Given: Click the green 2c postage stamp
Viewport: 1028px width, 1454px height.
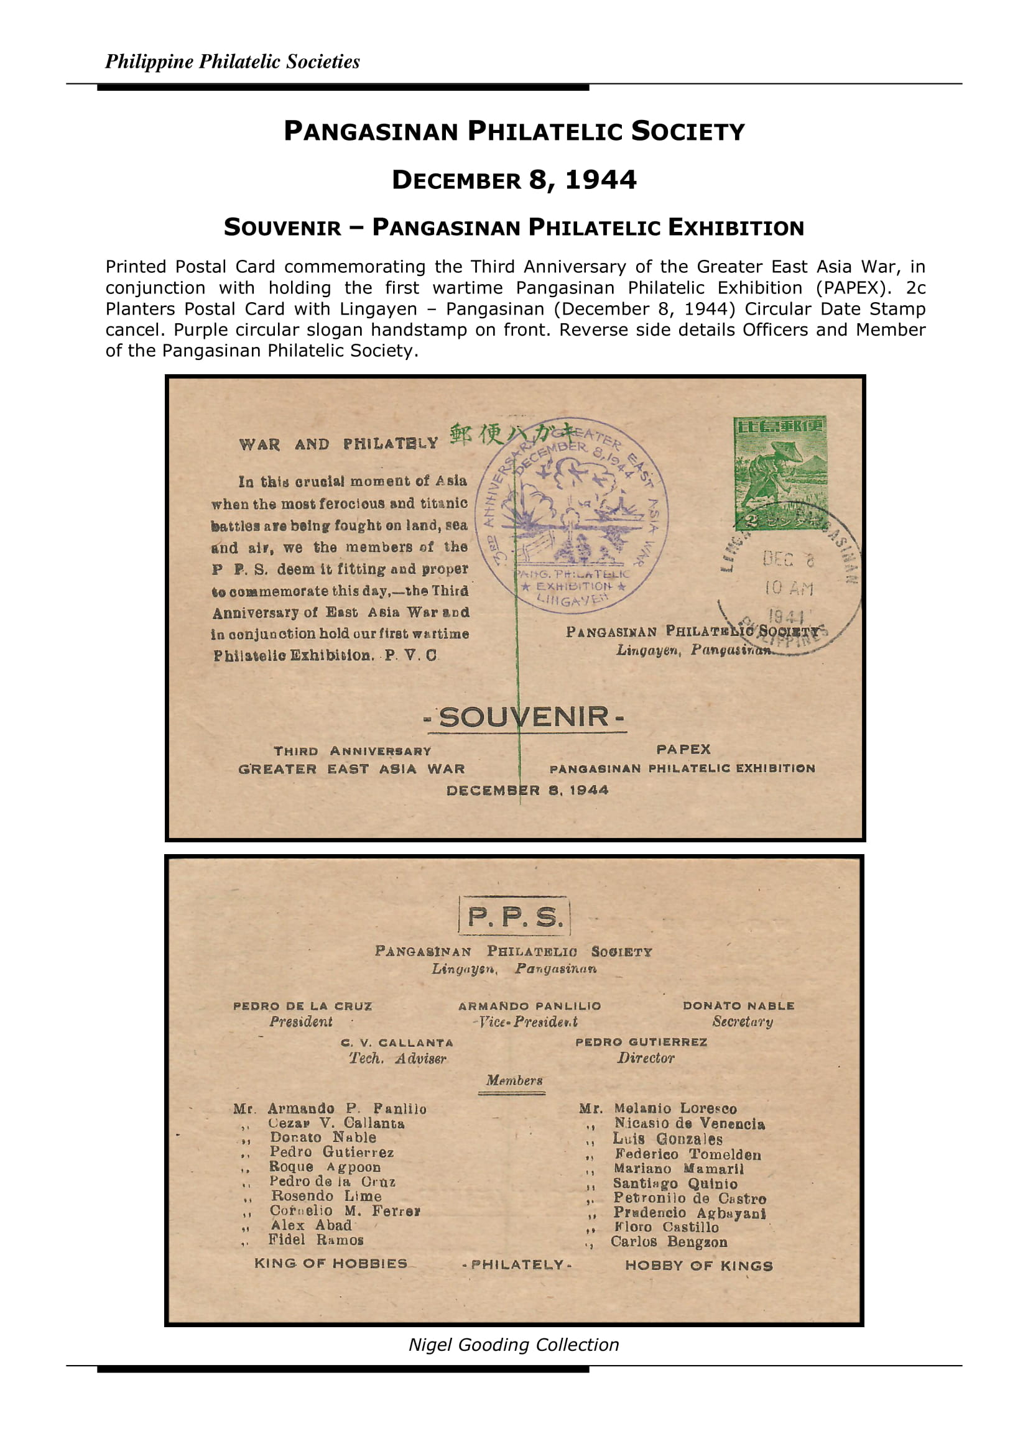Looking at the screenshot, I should click(780, 472).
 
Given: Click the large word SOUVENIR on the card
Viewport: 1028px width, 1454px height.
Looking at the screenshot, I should click(524, 717).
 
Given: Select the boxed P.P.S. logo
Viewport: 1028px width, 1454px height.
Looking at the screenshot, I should click(514, 917).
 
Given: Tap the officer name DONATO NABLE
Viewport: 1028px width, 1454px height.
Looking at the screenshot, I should click(738, 1006).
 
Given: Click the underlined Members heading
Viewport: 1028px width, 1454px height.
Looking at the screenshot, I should click(514, 1080).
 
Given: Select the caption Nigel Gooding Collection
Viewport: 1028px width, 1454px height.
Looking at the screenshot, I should click(514, 1345).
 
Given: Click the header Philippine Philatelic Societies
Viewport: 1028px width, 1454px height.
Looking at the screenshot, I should click(233, 62).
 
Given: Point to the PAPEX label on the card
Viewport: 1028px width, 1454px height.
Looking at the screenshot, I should click(683, 749).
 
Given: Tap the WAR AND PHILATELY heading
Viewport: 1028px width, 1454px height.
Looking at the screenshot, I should click(338, 444).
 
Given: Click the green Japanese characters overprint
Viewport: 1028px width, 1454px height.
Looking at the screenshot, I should click(507, 434).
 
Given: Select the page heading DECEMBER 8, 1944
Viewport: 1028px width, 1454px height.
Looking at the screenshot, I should click(514, 180).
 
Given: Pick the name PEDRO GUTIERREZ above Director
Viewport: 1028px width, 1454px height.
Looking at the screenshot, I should click(641, 1042).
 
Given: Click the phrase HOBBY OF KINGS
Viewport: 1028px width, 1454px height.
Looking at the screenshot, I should click(698, 1265).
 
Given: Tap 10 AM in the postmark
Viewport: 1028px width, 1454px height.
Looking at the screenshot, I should click(789, 588).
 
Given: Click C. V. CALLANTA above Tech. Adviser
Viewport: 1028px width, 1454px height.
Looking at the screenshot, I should click(397, 1042).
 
